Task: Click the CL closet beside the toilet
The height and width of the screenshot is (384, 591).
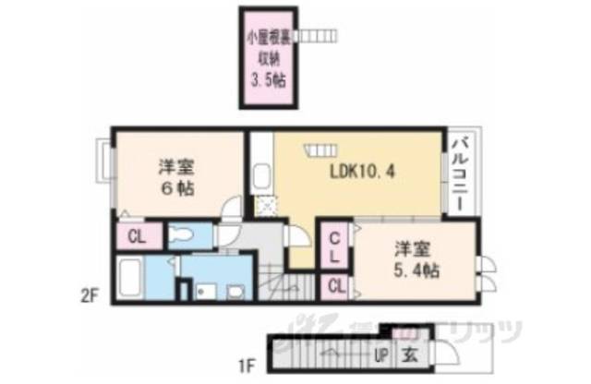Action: point(136,236)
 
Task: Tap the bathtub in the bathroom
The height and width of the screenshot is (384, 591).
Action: point(131,278)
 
